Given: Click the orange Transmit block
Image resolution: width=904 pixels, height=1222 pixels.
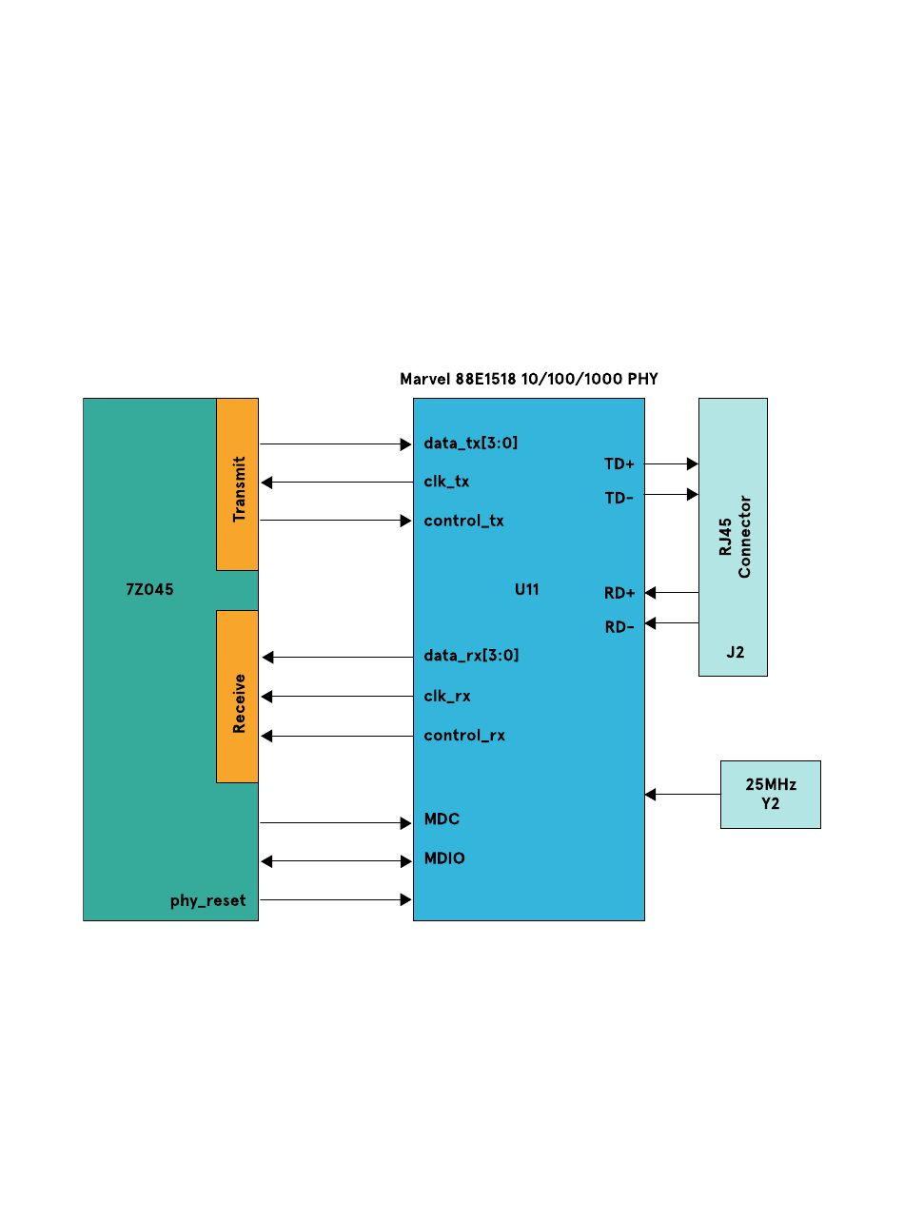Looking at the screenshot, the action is point(238,484).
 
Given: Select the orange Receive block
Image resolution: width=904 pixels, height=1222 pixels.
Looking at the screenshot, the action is point(238,697).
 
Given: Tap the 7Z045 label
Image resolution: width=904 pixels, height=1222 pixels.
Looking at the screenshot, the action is point(149,590).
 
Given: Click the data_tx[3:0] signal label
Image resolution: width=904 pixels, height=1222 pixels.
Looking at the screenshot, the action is point(471,443).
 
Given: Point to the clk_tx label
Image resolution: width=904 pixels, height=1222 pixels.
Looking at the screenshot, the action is point(446,482).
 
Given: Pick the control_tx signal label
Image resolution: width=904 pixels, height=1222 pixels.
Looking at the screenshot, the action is point(463,521).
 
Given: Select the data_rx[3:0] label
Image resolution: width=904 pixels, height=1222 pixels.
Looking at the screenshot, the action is point(471,656).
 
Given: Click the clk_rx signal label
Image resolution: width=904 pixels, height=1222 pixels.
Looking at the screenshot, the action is point(447,697).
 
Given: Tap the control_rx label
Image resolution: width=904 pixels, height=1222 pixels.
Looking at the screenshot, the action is point(464,736).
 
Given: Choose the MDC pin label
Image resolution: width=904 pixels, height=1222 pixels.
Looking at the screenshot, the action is point(442,819).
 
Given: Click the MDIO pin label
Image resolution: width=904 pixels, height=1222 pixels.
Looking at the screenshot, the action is point(444,858).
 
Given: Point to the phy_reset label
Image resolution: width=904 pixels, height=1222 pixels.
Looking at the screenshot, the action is point(207,900).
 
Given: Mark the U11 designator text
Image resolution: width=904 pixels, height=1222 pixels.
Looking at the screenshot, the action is point(526,590).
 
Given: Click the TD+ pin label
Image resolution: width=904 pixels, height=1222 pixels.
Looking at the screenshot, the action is point(619,464).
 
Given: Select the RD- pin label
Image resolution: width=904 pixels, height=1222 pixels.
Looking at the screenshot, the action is point(619,627).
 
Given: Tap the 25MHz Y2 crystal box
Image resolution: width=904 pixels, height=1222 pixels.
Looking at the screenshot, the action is point(770,795).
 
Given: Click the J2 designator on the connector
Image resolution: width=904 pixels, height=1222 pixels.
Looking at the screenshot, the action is point(735,653).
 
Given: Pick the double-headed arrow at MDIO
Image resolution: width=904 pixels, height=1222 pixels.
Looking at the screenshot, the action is point(336,861).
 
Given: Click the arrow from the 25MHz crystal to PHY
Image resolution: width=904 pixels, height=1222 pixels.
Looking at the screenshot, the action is point(682,794).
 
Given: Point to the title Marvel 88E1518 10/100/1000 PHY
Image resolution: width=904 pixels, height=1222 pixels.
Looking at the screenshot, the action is point(528,379).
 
